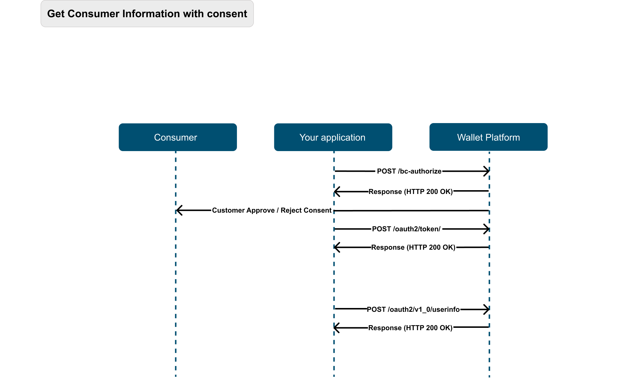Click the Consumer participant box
point(178,137)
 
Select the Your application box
point(333,137)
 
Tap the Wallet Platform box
point(489,137)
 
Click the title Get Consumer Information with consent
point(147,14)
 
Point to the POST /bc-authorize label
point(409,171)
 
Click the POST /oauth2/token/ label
point(406,229)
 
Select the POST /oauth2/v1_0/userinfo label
point(413,309)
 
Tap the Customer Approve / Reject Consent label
point(272,210)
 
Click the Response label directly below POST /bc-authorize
point(411,192)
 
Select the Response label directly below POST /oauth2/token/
point(413,247)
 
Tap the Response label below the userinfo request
point(410,328)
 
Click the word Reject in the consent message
point(290,210)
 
